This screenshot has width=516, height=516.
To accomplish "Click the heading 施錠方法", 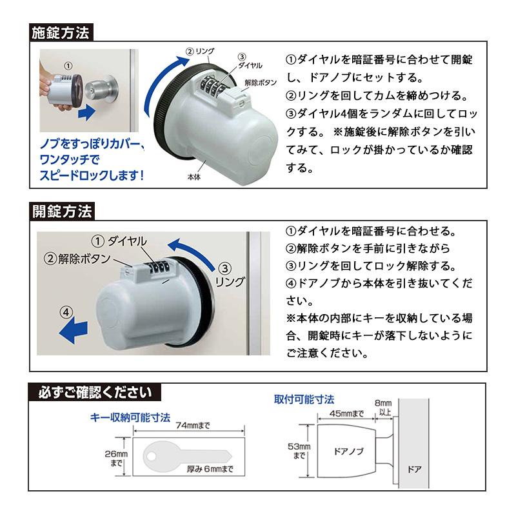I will (61, 33).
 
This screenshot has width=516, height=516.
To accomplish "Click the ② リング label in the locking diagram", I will (200, 51).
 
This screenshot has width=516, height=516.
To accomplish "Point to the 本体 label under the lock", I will (192, 176).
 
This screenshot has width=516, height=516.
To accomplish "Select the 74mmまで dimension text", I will (193, 426).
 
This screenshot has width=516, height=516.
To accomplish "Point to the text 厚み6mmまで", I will (209, 469).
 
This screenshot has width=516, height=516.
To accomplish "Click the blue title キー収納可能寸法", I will (130, 417).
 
